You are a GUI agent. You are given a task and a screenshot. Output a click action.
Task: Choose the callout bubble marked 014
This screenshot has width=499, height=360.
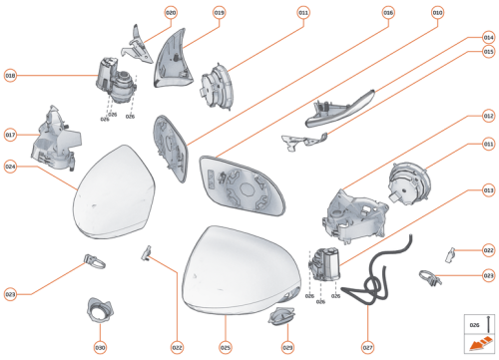pyautogui.click(x=488, y=37)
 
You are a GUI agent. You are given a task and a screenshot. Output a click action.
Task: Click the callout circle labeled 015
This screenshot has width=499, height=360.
pyautogui.click(x=488, y=51)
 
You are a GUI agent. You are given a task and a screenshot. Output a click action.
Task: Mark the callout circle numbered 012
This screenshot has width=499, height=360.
pyautogui.click(x=488, y=117)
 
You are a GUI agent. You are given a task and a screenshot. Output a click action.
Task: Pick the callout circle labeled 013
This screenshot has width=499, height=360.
pyautogui.click(x=488, y=189)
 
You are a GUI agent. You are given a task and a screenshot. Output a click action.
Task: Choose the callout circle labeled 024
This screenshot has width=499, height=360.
pyautogui.click(x=11, y=168)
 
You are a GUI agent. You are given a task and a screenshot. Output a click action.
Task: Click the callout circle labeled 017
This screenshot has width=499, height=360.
pyautogui.click(x=11, y=135)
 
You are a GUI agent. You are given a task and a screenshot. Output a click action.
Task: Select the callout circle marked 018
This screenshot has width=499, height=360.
pyautogui.click(x=11, y=76)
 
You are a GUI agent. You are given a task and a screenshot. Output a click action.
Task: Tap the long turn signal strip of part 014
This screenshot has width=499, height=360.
pyautogui.click(x=344, y=106)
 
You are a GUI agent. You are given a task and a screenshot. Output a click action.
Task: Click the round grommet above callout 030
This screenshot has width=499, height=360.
pyautogui.click(x=101, y=284)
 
